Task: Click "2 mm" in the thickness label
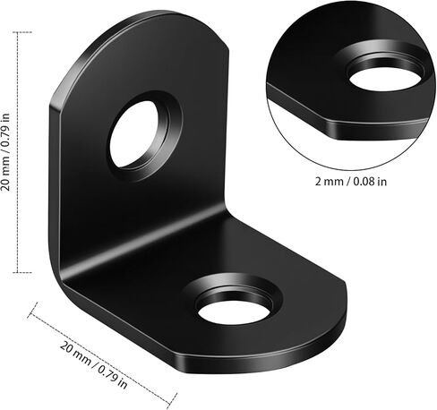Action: click(329, 180)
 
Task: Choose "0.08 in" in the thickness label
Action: click(371, 180)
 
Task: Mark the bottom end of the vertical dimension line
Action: click(17, 273)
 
